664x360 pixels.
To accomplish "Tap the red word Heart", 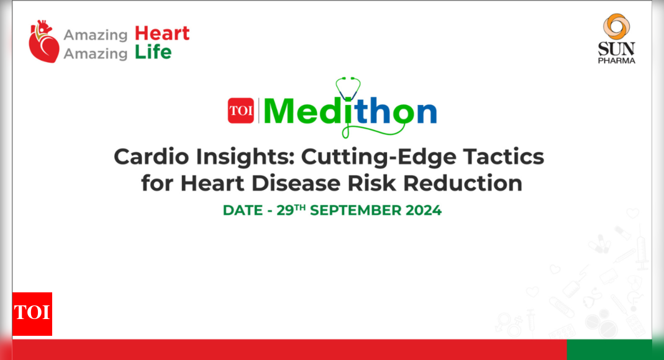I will click(x=162, y=34).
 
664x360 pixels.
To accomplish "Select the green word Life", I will click(x=153, y=53).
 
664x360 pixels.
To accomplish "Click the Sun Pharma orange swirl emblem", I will click(x=617, y=27).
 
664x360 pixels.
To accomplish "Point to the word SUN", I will click(x=617, y=49).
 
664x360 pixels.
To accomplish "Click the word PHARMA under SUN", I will click(x=617, y=60).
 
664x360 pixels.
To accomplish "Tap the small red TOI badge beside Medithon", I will click(x=240, y=111).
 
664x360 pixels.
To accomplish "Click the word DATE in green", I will click(x=243, y=210).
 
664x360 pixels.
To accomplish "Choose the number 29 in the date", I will click(x=285, y=210).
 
